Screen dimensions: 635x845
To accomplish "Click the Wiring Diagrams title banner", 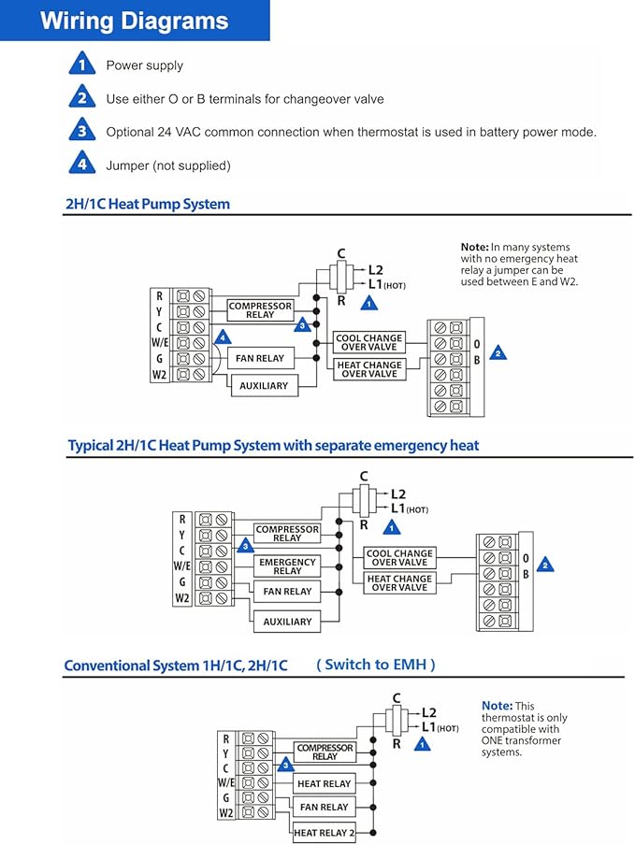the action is coord(135,21).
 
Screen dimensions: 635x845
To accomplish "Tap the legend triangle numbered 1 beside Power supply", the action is coord(82,64).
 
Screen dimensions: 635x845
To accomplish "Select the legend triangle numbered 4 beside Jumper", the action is coord(82,163).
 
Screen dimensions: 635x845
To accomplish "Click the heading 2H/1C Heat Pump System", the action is coord(148,205).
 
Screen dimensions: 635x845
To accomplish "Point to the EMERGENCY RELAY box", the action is coord(287,566).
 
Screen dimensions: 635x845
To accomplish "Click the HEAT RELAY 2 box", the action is coord(324,833).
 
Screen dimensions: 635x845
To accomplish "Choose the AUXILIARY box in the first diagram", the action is coord(264,386).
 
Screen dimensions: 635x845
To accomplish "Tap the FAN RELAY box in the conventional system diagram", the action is coord(324,808).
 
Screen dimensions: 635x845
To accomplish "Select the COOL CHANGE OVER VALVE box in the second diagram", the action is coord(399,557).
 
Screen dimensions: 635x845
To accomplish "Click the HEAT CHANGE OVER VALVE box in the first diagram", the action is coord(369,369).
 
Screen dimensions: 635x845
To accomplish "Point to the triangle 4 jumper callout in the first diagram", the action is coord(223,337).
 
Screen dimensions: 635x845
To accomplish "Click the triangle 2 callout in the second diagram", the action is coord(545,565).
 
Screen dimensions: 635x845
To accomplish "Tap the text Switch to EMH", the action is coord(376,665).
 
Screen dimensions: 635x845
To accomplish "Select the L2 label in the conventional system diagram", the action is coord(429,712).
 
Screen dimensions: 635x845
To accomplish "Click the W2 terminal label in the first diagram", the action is coord(159,375).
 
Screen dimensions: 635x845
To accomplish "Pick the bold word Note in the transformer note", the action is coord(497,706).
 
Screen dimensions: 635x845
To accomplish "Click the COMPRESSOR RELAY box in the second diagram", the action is coord(287,534).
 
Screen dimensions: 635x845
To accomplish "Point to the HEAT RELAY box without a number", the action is coord(324,783).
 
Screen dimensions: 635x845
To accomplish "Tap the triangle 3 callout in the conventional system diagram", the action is coord(285,765).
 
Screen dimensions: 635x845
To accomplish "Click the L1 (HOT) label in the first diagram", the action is coord(387,284).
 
